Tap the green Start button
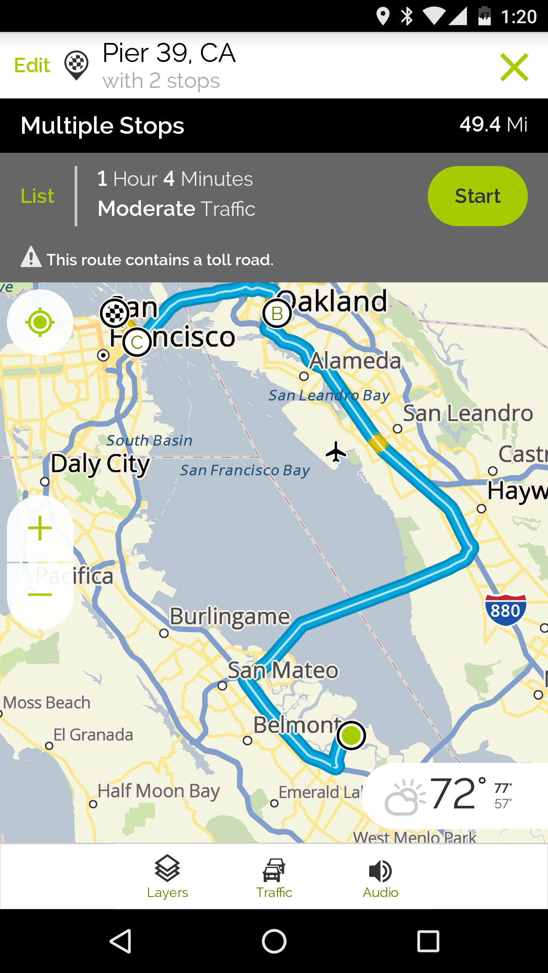click(477, 196)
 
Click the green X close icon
click(514, 67)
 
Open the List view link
click(37, 196)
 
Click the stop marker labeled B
click(277, 314)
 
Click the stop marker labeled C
click(137, 342)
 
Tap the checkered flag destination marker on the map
click(115, 313)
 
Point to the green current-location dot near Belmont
click(351, 735)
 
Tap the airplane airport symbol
click(336, 452)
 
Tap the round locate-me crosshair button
click(40, 322)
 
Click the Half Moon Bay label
click(159, 791)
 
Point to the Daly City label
click(100, 464)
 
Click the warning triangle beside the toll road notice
click(31, 257)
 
